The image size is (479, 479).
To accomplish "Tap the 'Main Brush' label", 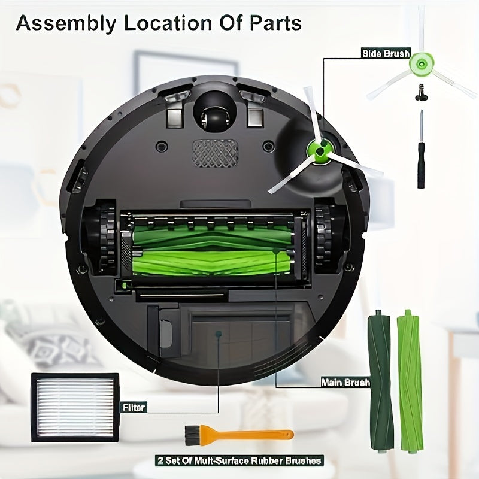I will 345,382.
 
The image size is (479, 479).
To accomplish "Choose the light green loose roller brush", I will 410,377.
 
